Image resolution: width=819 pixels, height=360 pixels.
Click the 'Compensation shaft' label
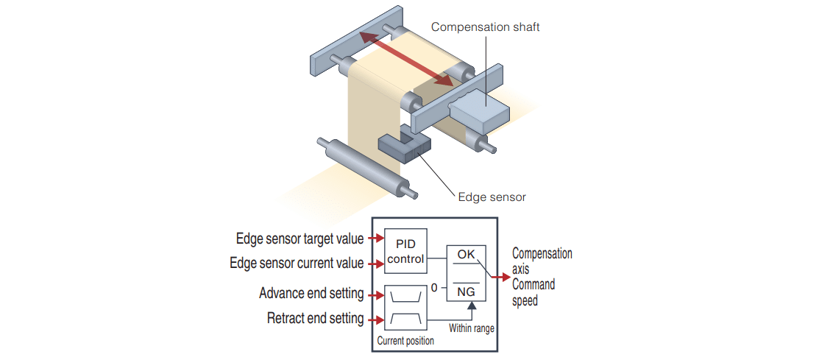[x=485, y=27]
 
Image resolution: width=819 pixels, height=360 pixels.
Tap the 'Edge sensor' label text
[x=492, y=197]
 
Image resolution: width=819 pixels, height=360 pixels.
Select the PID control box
[x=405, y=251]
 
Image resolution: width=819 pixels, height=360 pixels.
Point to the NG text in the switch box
[x=466, y=291]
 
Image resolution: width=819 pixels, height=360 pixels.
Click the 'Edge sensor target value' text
[x=299, y=239]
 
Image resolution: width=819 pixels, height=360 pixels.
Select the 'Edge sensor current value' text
[x=297, y=263]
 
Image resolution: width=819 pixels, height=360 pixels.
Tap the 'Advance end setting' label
[x=311, y=294]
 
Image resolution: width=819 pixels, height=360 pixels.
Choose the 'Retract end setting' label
[x=315, y=319]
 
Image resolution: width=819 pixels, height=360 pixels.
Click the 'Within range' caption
[x=471, y=328]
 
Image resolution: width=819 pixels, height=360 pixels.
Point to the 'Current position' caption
[x=405, y=341]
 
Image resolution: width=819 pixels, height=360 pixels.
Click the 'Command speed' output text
[x=533, y=292]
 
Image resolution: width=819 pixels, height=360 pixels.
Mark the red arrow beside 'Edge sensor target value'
[x=376, y=239]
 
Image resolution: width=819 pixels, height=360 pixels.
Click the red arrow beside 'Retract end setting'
[x=376, y=320]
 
